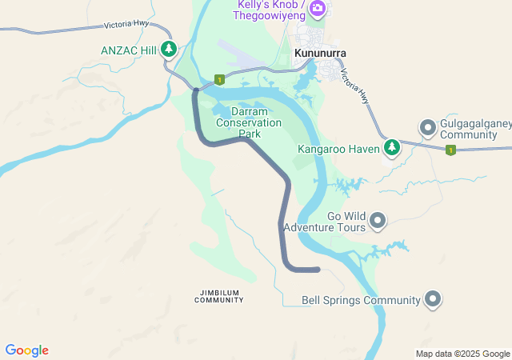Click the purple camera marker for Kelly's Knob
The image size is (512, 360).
click(x=318, y=8)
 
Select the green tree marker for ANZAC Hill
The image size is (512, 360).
click(x=169, y=50)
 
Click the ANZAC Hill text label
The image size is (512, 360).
click(x=129, y=50)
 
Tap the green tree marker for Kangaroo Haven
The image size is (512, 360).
click(x=391, y=147)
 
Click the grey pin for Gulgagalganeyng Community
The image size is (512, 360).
click(x=428, y=127)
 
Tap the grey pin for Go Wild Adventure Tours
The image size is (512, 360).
click(x=378, y=219)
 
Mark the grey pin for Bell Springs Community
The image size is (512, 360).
click(x=433, y=299)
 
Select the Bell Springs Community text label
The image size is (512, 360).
click(x=361, y=301)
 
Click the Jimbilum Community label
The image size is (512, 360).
click(x=218, y=295)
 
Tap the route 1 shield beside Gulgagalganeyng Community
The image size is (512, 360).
click(x=450, y=150)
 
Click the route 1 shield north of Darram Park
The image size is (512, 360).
click(x=218, y=79)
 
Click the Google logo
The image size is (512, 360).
click(x=26, y=350)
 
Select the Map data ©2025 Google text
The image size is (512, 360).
click(x=462, y=354)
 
